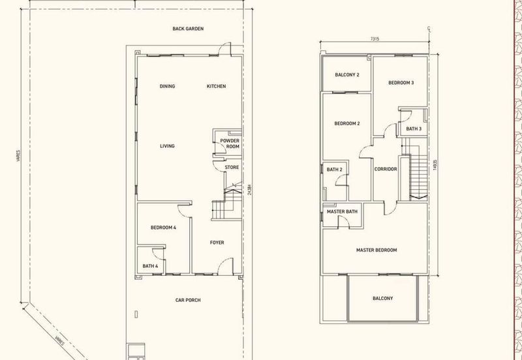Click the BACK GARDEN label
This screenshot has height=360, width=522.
point(188,29)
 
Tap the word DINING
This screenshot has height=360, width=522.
point(167,86)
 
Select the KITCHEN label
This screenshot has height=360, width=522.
point(217,86)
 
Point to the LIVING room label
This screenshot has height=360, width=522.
point(167,145)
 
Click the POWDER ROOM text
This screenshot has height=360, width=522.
point(230,143)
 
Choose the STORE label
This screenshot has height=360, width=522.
point(232,167)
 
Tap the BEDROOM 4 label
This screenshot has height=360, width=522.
point(163,228)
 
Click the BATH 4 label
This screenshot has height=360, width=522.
point(150,266)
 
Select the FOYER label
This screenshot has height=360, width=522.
point(217,243)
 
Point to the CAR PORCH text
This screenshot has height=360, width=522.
point(188,300)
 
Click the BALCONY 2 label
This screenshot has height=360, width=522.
point(347,75)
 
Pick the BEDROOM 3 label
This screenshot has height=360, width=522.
point(401,83)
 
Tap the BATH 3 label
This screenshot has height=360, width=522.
point(414,128)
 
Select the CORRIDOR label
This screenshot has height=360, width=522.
point(386,169)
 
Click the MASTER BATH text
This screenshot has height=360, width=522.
point(342,211)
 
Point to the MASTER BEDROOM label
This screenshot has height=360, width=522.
point(376,250)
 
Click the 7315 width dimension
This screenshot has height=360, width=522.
point(375,38)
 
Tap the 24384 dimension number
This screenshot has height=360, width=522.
point(250,190)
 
